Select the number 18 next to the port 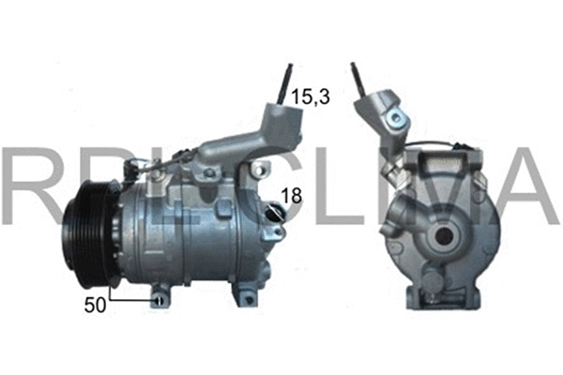(293, 196)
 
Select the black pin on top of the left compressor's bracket (284, 82)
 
